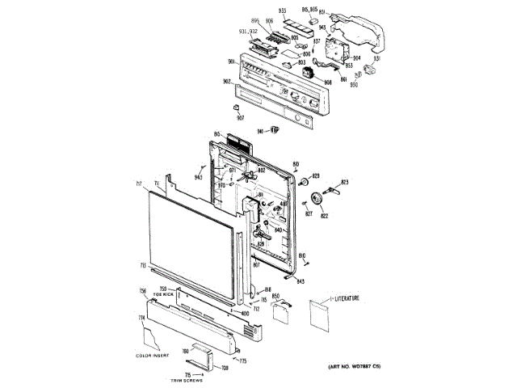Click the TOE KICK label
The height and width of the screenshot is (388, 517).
165,295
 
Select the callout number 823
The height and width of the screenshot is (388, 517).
345,183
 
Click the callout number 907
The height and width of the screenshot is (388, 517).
240,117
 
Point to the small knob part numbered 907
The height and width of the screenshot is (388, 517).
235,106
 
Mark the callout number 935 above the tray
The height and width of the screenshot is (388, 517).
283,10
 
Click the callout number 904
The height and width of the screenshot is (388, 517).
356,47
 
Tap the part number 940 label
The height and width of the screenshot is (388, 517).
261,131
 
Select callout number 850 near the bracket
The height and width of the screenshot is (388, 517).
275,297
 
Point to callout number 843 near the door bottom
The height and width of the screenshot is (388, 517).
301,280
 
